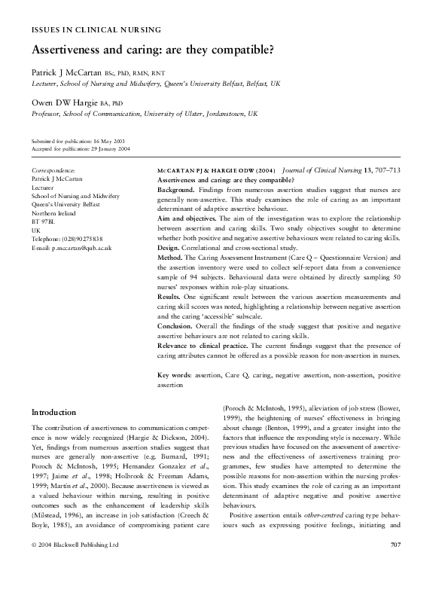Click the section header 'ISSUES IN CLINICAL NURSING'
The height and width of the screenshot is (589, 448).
[x=96, y=30]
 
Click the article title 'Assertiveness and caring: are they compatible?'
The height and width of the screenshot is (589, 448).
[x=152, y=51]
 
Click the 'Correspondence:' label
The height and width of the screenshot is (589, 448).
[x=53, y=171]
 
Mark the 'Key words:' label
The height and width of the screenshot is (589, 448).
[x=175, y=374]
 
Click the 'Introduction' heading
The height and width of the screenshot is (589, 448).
[x=53, y=412]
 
